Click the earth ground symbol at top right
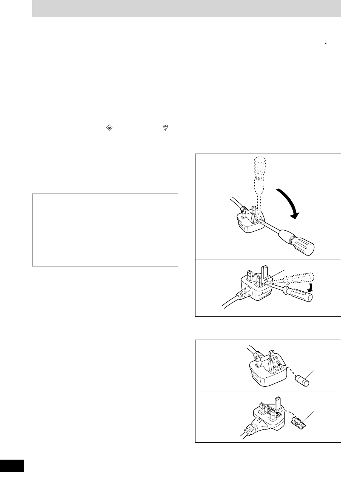(x=326, y=42)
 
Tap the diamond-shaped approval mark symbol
(x=109, y=128)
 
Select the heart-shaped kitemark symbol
(x=165, y=128)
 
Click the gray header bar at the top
(x=186, y=8)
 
